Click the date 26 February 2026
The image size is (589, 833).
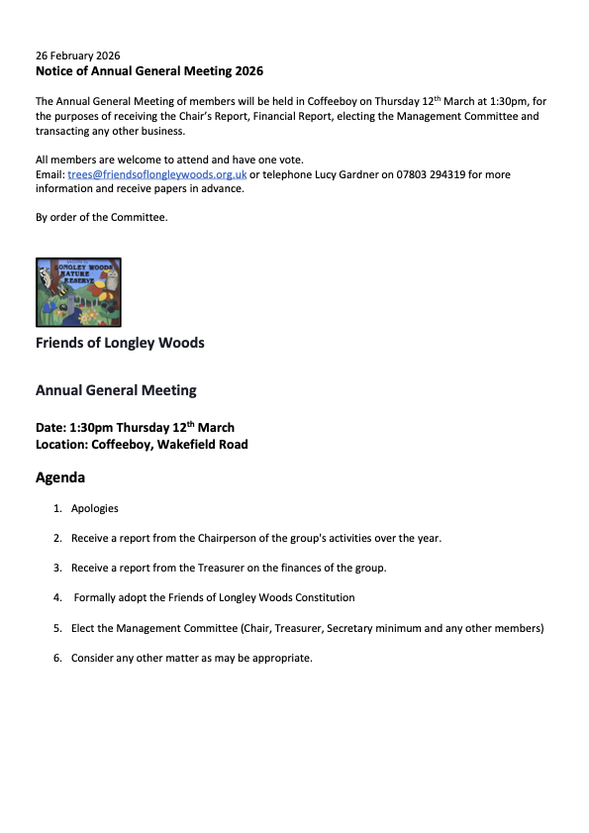coord(77,55)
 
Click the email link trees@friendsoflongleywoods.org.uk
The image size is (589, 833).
coord(156,174)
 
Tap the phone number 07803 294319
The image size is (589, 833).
coord(432,174)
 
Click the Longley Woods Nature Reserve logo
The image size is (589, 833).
coord(78,292)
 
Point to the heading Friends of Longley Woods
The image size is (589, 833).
coord(120,343)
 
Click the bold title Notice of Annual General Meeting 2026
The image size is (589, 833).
coord(149,71)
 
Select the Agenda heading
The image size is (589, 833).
coord(60,477)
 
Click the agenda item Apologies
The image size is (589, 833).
coord(95,508)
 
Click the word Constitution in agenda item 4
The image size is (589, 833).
coord(321,597)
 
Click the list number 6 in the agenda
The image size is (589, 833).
coord(57,657)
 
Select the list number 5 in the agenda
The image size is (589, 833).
coord(57,627)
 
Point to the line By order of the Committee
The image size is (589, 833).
coord(101,217)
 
